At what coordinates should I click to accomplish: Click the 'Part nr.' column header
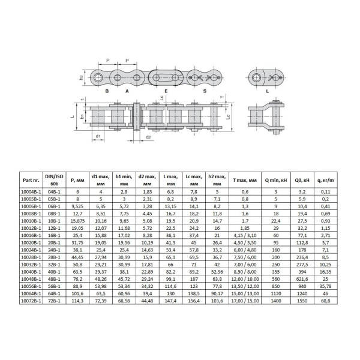point(30,179)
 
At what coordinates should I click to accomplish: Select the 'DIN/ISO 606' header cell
point(55,179)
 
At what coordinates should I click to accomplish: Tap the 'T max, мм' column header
point(244,179)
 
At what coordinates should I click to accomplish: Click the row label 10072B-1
point(30,301)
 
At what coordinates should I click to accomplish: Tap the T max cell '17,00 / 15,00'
point(244,301)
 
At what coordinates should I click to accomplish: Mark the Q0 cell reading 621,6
point(302,278)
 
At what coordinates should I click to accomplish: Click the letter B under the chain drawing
point(106,92)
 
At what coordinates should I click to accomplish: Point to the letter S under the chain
point(205,92)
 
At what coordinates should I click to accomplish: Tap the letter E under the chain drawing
point(166,92)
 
